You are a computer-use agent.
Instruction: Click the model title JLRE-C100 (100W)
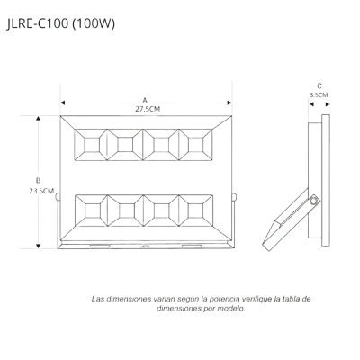point(60,24)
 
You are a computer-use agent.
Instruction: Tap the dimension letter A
point(145,100)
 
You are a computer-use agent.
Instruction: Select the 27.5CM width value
point(148,109)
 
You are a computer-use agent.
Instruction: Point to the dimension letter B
point(38,181)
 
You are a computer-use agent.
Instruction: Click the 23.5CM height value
point(41,191)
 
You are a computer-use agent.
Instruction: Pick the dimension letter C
point(319,86)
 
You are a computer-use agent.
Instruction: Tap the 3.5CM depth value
point(319,95)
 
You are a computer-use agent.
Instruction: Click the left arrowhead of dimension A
point(63,103)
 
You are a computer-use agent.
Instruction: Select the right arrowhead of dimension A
point(229,103)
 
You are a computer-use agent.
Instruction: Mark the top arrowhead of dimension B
point(38,118)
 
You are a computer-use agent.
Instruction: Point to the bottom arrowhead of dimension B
point(38,247)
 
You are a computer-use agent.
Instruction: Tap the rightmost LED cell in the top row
point(195,145)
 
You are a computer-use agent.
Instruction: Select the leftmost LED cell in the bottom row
point(91,211)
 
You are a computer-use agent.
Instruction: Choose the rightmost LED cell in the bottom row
point(196,211)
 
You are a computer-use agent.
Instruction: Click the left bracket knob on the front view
point(58,197)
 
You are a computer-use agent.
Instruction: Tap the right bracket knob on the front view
point(234,197)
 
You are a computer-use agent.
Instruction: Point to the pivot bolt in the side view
point(315,201)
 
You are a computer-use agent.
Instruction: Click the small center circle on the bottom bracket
point(146,247)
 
